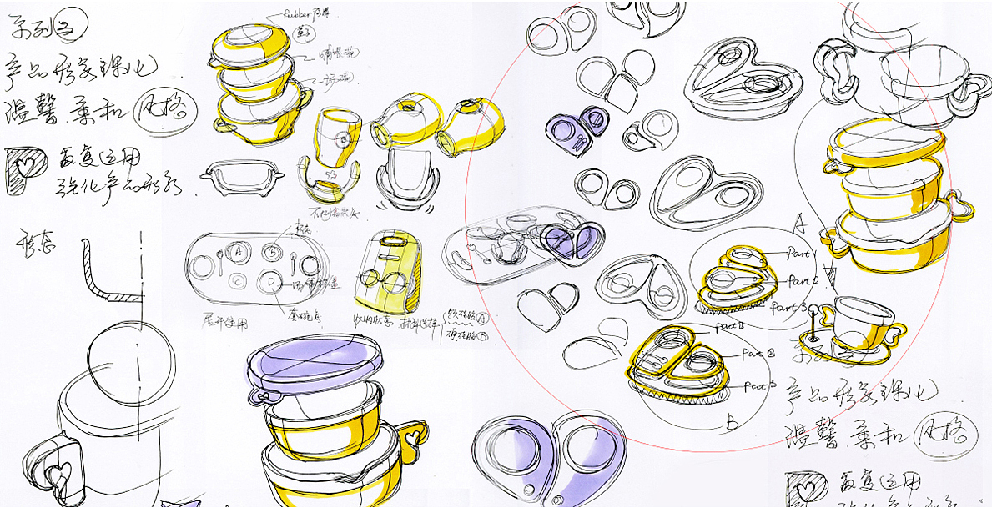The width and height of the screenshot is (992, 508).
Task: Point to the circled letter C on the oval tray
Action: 239,280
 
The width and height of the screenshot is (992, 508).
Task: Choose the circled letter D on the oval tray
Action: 270,280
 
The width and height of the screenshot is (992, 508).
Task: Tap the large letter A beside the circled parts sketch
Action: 798,223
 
